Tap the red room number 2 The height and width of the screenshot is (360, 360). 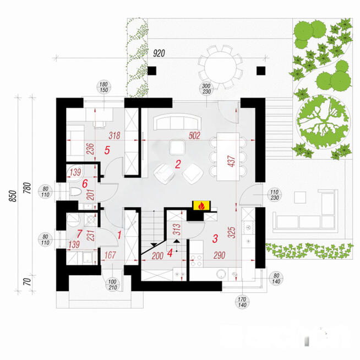(x=178, y=163)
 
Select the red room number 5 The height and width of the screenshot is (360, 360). (x=107, y=149)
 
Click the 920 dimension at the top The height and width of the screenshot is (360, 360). (x=160, y=54)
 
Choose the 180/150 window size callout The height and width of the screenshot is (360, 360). (x=103, y=88)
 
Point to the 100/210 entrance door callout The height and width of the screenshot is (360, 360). (x=113, y=285)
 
